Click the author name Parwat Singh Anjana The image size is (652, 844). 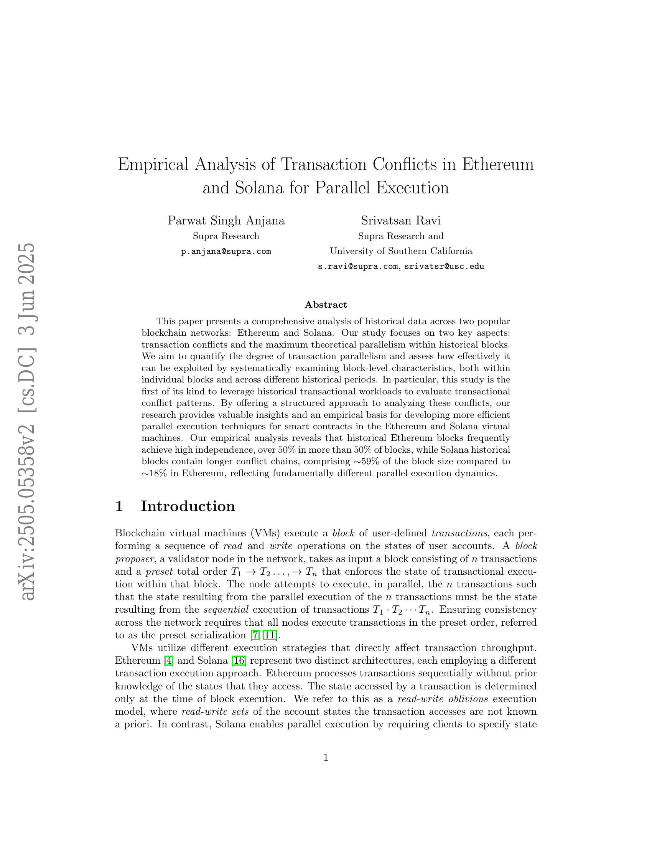pos(226,221)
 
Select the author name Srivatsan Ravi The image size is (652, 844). pos(400,221)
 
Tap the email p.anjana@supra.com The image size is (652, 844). pos(226,252)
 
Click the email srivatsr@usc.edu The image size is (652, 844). pos(444,267)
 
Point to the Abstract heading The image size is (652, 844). pos(326,305)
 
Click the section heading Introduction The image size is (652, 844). pos(188,506)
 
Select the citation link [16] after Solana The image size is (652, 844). pos(238,661)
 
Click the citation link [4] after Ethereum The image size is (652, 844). pos(169,661)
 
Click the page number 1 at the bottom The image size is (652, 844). pos(326,758)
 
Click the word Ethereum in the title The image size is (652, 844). pos(497,165)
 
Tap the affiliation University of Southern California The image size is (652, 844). pos(400,251)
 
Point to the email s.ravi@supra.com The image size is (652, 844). pos(358,267)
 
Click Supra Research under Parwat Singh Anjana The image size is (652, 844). pos(226,236)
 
